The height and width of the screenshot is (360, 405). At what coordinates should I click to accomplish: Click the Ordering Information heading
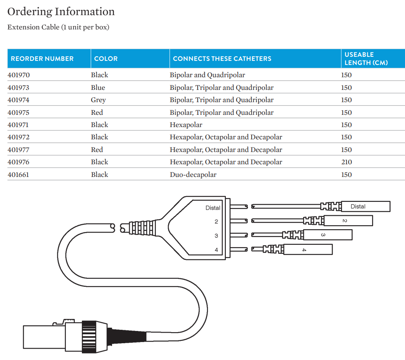[x=61, y=11]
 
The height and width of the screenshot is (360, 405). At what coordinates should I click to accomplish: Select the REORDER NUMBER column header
[x=42, y=58]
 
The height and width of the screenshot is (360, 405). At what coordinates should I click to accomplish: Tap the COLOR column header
[x=106, y=58]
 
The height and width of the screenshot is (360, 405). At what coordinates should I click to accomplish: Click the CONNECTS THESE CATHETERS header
[x=222, y=58]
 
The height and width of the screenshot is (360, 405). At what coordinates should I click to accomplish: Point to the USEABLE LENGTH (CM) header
[x=366, y=58]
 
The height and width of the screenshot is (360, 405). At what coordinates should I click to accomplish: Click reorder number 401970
[x=19, y=75]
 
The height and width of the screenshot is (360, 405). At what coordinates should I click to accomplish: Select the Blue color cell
[x=98, y=87]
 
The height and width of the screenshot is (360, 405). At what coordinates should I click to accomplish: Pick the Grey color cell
[x=98, y=100]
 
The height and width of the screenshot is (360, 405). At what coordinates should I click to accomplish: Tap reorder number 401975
[x=19, y=112]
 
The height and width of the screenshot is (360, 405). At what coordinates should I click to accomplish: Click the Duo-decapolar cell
[x=193, y=174]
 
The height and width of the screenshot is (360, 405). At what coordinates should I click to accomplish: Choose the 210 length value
[x=346, y=162]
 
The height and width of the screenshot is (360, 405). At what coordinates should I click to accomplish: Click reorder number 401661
[x=18, y=174]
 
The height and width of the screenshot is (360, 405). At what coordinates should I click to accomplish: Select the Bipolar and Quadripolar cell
[x=207, y=75]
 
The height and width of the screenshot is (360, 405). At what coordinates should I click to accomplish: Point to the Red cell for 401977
[x=97, y=150]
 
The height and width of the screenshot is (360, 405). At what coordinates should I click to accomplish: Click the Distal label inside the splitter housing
[x=213, y=208]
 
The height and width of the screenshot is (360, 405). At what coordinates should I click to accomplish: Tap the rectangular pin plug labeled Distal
[x=365, y=206]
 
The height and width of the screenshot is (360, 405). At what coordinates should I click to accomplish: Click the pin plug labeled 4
[x=308, y=249]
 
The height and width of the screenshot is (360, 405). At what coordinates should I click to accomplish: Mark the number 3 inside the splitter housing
[x=216, y=236]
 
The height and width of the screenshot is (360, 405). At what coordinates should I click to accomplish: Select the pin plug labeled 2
[x=348, y=221]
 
